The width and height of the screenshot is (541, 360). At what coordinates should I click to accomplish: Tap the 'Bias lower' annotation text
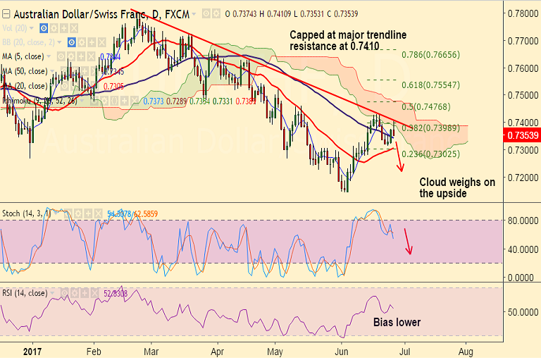tap(396, 322)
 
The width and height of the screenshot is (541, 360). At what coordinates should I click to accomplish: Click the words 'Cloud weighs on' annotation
tap(457, 182)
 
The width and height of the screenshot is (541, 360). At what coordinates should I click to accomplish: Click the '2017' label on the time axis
tap(32, 350)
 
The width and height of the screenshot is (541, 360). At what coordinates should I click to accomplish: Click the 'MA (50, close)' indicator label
tap(25, 70)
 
